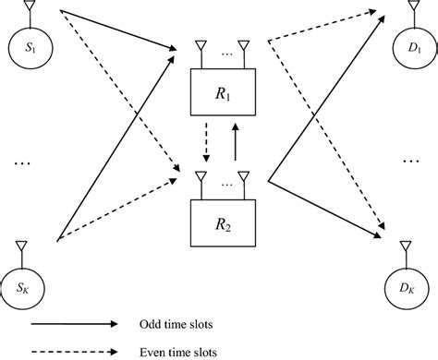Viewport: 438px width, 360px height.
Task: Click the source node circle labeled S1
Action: coord(29,42)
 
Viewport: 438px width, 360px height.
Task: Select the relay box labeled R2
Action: coord(220,222)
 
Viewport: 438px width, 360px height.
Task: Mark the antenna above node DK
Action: coord(408,246)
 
